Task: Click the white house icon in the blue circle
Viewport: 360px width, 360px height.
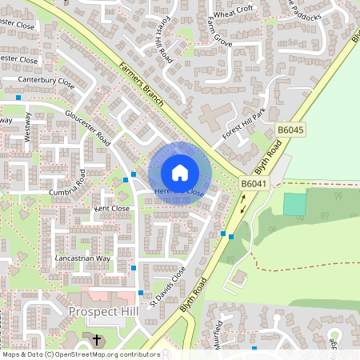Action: coord(180,172)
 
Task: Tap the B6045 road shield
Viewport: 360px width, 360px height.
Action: coord(291,130)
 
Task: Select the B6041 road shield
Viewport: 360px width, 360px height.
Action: coord(254,184)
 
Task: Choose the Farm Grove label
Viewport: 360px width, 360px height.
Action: coord(219,31)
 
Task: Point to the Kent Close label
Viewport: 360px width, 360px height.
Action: coord(111,208)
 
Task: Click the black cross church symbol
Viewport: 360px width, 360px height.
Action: coord(98,340)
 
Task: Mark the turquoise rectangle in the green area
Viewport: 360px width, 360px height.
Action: coord(294,204)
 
